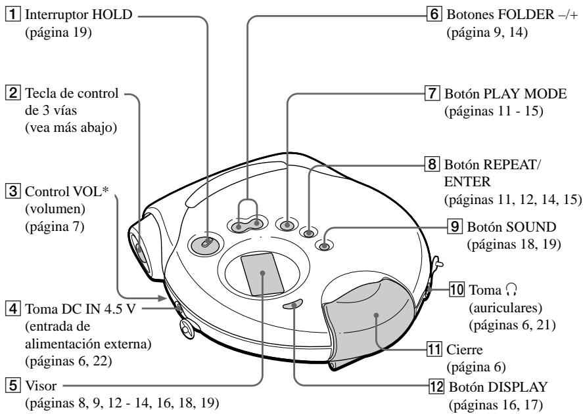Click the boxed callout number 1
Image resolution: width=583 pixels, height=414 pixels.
12,15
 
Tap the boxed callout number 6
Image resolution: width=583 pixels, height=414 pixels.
434,15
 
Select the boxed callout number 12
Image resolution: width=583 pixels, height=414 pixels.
436,387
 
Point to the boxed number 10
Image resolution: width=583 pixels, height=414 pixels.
457,289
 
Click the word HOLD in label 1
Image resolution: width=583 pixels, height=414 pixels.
112,15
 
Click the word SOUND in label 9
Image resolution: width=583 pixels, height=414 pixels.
530,227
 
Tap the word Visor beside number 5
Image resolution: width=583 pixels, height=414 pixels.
41,385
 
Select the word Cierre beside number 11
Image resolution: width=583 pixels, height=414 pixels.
465,350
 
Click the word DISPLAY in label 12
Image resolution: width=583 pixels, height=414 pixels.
517,387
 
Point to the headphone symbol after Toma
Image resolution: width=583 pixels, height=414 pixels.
511,289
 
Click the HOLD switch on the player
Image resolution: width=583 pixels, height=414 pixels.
206,244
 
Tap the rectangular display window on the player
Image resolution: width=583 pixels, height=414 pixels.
262,274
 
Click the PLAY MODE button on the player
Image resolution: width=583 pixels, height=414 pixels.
287,224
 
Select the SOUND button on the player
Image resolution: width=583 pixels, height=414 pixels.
324,245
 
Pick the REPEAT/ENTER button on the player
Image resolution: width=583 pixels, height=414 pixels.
308,233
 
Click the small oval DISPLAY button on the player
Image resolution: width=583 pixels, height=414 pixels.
293,304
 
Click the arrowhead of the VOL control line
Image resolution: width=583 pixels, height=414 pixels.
162,298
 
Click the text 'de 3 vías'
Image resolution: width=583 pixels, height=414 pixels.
51,110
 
